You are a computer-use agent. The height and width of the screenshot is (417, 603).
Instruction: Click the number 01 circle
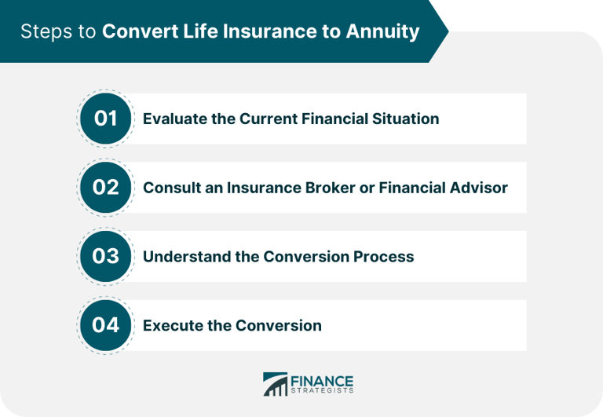click(105, 119)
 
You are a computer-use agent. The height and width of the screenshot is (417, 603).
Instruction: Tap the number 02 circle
click(105, 188)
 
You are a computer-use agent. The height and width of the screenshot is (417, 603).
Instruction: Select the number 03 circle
click(105, 257)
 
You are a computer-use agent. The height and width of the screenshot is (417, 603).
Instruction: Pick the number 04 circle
click(105, 325)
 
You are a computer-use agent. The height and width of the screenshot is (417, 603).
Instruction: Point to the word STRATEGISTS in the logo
click(322, 391)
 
